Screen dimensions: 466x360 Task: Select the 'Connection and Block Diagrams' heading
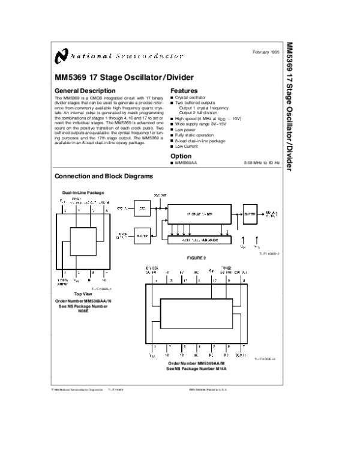click(104, 177)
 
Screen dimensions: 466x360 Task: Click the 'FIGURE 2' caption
click(196, 258)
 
